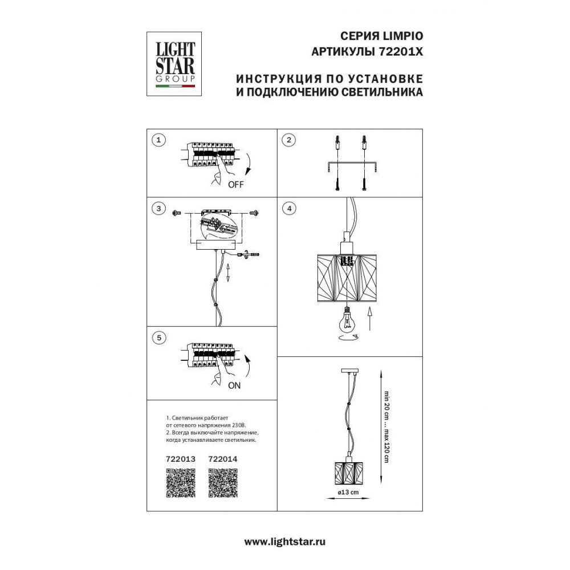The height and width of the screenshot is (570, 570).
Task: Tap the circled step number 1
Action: click(x=160, y=140)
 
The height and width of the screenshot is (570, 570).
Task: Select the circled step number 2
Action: click(x=289, y=140)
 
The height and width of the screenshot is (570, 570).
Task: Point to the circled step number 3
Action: click(x=160, y=209)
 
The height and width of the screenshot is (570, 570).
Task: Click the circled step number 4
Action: click(x=289, y=209)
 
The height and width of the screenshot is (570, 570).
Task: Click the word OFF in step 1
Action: click(x=236, y=184)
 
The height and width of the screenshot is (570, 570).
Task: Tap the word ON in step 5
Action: click(x=234, y=385)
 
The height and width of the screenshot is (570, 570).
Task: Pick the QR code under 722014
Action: click(x=223, y=483)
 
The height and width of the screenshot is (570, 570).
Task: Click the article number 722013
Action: click(x=180, y=457)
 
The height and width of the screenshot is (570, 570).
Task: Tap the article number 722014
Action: click(x=223, y=457)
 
